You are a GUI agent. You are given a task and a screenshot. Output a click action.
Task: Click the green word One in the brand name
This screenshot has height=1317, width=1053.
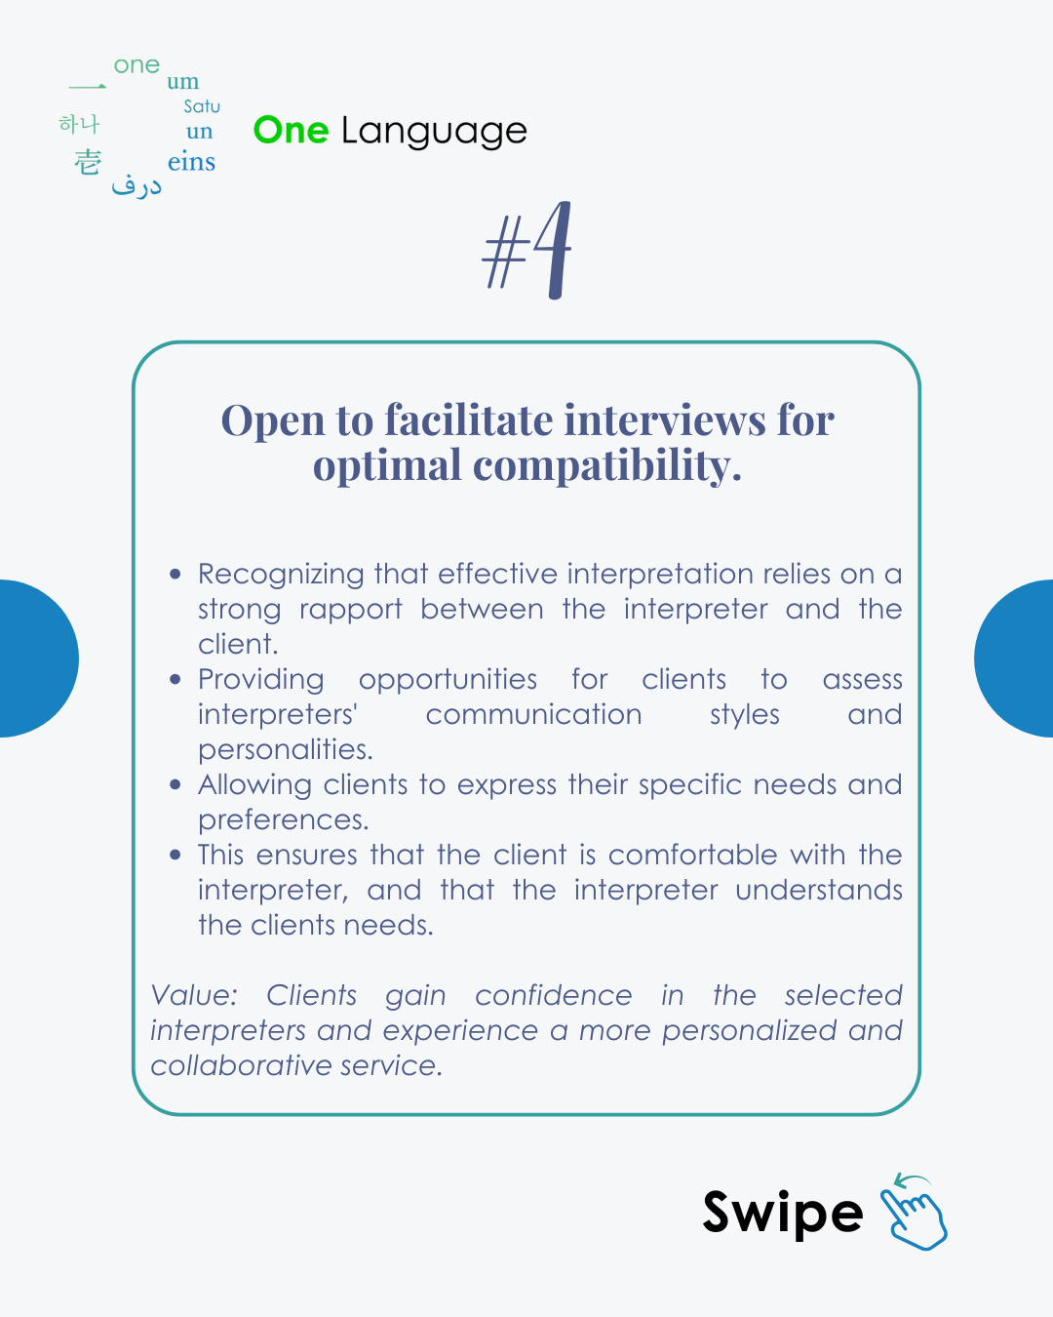tap(291, 130)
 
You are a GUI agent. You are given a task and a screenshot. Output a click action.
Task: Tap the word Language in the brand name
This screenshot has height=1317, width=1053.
tap(434, 132)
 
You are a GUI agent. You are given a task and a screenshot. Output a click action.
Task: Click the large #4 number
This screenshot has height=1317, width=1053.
tap(527, 251)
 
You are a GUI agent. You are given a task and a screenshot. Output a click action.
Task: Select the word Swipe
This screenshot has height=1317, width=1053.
tap(782, 1214)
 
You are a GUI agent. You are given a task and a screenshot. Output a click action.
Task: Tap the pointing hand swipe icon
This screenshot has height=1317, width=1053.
tap(914, 1213)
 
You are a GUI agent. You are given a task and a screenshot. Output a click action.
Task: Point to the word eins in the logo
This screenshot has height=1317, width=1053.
tap(191, 162)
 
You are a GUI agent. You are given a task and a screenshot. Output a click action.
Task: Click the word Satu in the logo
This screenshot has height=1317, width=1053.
tap(202, 106)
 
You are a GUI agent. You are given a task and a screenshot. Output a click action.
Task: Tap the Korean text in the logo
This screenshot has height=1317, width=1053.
tap(79, 124)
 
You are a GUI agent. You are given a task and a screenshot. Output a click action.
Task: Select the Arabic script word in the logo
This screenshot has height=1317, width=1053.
tap(136, 185)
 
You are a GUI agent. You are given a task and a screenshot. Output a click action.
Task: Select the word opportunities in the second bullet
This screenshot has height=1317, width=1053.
tap(448, 680)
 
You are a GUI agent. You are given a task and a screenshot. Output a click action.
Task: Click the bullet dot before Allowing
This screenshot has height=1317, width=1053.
tap(175, 784)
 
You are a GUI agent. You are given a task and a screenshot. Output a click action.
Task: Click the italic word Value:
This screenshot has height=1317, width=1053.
tap(194, 996)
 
